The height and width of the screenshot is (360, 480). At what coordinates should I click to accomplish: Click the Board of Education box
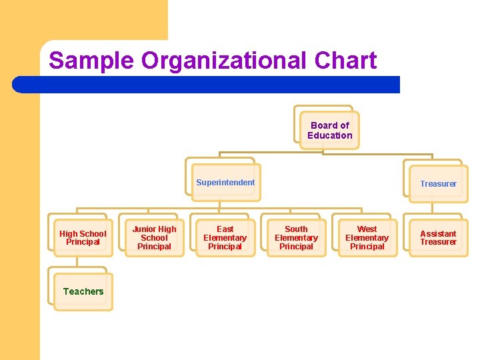click(329, 130)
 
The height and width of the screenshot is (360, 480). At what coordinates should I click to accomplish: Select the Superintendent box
click(225, 183)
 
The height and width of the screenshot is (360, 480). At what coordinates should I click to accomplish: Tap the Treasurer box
click(438, 183)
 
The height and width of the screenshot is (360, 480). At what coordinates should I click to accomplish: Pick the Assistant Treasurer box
click(438, 238)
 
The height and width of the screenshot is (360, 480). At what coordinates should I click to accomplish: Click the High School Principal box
click(83, 238)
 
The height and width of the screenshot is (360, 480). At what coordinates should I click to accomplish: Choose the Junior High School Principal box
click(154, 238)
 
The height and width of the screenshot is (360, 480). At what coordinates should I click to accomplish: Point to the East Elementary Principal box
click(225, 238)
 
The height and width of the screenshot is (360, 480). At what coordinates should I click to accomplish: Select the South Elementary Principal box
click(296, 238)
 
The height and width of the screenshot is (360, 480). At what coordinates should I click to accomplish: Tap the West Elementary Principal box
click(367, 238)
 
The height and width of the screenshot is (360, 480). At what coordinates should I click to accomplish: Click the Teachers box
click(83, 291)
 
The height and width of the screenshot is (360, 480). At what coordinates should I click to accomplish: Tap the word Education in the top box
click(330, 135)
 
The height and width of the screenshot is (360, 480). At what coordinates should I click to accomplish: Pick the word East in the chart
click(225, 229)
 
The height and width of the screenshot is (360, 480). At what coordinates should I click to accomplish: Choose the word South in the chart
click(296, 229)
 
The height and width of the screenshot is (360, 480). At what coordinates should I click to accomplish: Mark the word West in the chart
click(367, 229)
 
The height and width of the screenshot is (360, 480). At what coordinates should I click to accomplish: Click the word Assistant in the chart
click(438, 234)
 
